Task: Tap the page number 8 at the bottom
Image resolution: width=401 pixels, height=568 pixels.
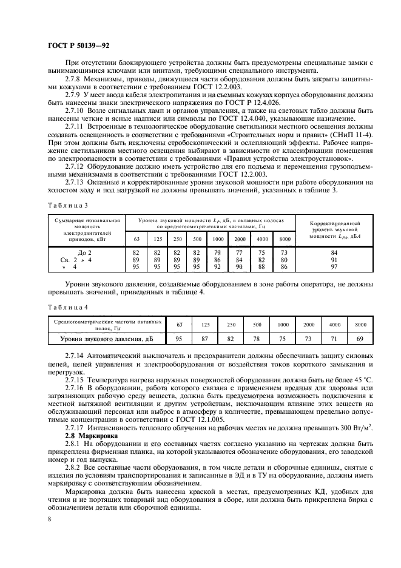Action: coord(49,519)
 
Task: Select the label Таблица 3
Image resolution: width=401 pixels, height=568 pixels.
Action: coord(66,206)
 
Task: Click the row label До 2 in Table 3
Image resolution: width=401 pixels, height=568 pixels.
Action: coord(84,252)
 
